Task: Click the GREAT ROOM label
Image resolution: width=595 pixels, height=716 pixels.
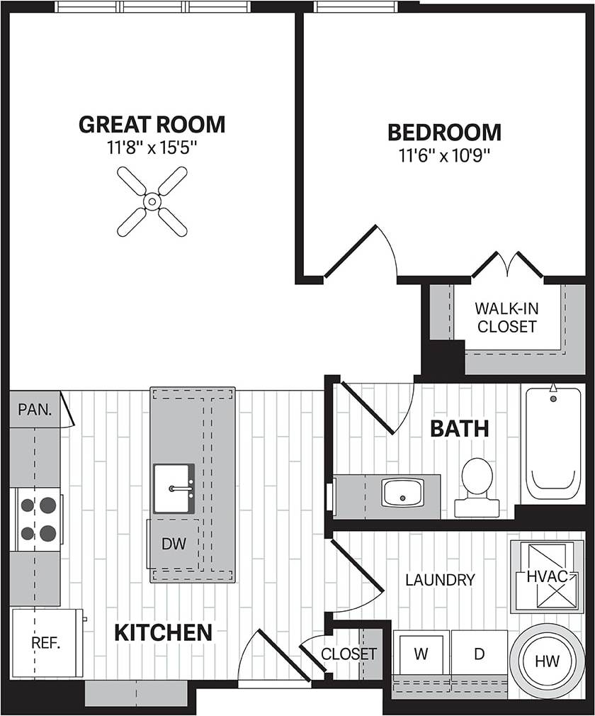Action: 152,125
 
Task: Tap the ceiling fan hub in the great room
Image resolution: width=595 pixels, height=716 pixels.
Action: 152,201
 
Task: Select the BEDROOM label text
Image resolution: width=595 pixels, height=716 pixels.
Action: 444,133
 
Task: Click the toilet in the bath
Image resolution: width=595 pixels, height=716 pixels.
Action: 477,486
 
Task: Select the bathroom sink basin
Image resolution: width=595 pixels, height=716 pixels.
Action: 402,492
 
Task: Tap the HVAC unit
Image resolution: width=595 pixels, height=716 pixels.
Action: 547,576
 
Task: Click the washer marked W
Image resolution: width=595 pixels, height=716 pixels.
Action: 421,654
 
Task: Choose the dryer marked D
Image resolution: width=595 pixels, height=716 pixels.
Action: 480,654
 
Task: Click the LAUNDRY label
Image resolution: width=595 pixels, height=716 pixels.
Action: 440,580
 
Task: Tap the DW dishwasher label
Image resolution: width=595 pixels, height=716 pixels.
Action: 174,544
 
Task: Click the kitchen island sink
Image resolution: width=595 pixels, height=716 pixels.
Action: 174,488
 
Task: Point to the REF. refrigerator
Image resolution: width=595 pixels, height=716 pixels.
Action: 46,643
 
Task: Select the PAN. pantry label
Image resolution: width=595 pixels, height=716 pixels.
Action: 34,410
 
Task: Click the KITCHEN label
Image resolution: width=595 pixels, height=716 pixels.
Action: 163,632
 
